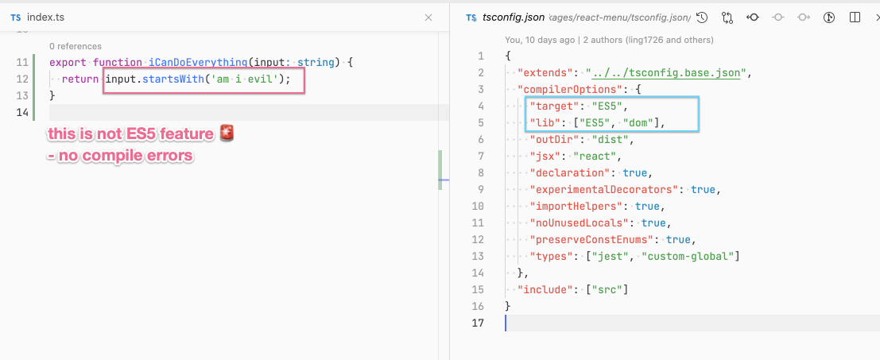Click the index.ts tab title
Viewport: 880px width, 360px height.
point(45,17)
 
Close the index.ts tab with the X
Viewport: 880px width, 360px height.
point(428,17)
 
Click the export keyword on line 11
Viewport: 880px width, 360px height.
point(68,62)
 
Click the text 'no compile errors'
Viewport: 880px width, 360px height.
point(124,156)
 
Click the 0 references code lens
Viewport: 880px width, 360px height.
point(76,47)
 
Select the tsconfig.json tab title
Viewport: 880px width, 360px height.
point(514,17)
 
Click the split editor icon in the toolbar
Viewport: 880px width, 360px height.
point(855,17)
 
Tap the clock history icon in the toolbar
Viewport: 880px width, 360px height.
point(701,18)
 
